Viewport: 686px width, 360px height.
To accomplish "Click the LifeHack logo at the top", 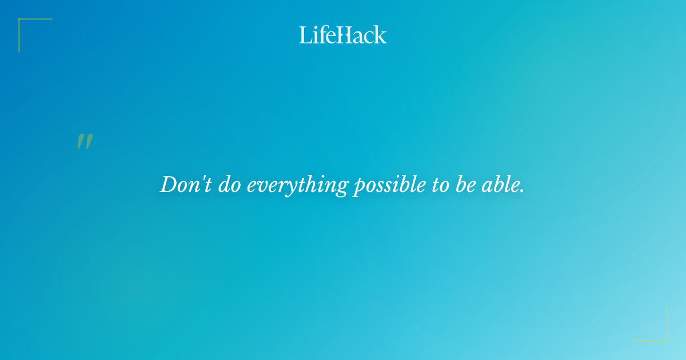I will [343, 35].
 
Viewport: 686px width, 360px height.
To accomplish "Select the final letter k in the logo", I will [381, 35].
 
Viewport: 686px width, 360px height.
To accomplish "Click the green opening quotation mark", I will [85, 142].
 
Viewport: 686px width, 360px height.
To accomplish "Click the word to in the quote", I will [440, 185].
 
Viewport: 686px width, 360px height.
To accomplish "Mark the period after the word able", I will [521, 191].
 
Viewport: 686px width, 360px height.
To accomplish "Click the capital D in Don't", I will [167, 185].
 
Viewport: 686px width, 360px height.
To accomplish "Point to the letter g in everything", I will [341, 188].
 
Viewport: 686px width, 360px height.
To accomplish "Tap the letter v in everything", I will [261, 186].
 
